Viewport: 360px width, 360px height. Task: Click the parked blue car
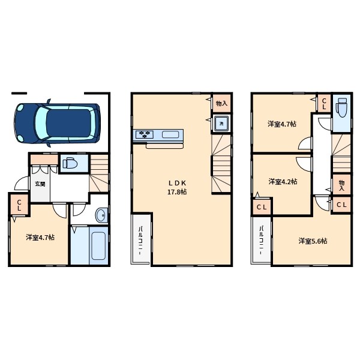57,123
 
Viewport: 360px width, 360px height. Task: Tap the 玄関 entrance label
40,184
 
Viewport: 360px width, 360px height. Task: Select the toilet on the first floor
70,163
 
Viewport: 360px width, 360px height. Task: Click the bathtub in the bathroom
98,245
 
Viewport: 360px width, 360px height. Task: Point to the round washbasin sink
101,215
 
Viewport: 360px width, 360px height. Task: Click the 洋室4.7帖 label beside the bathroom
40,237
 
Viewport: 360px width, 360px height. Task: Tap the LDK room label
177,183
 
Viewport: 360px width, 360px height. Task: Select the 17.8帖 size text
177,192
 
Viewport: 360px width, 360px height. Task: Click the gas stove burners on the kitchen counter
145,134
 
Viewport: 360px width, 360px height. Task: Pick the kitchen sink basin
170,134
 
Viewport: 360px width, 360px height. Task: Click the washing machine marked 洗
221,124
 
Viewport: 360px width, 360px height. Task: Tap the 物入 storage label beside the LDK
221,104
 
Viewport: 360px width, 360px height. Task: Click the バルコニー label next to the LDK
140,240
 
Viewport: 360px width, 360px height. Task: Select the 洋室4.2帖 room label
283,182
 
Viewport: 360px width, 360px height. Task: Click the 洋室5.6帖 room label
313,241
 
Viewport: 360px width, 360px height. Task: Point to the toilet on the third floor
341,107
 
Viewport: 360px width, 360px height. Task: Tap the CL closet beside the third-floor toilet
324,104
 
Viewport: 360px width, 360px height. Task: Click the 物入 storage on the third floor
341,185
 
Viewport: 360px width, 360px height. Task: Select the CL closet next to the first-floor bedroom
19,205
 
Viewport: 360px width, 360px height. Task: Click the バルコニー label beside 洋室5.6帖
261,240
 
